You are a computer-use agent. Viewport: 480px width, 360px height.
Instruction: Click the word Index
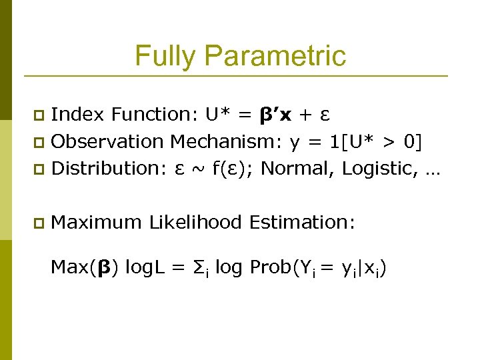77,115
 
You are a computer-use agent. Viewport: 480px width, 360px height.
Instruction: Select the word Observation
107,142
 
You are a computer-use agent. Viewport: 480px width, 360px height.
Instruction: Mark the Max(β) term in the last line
85,268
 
